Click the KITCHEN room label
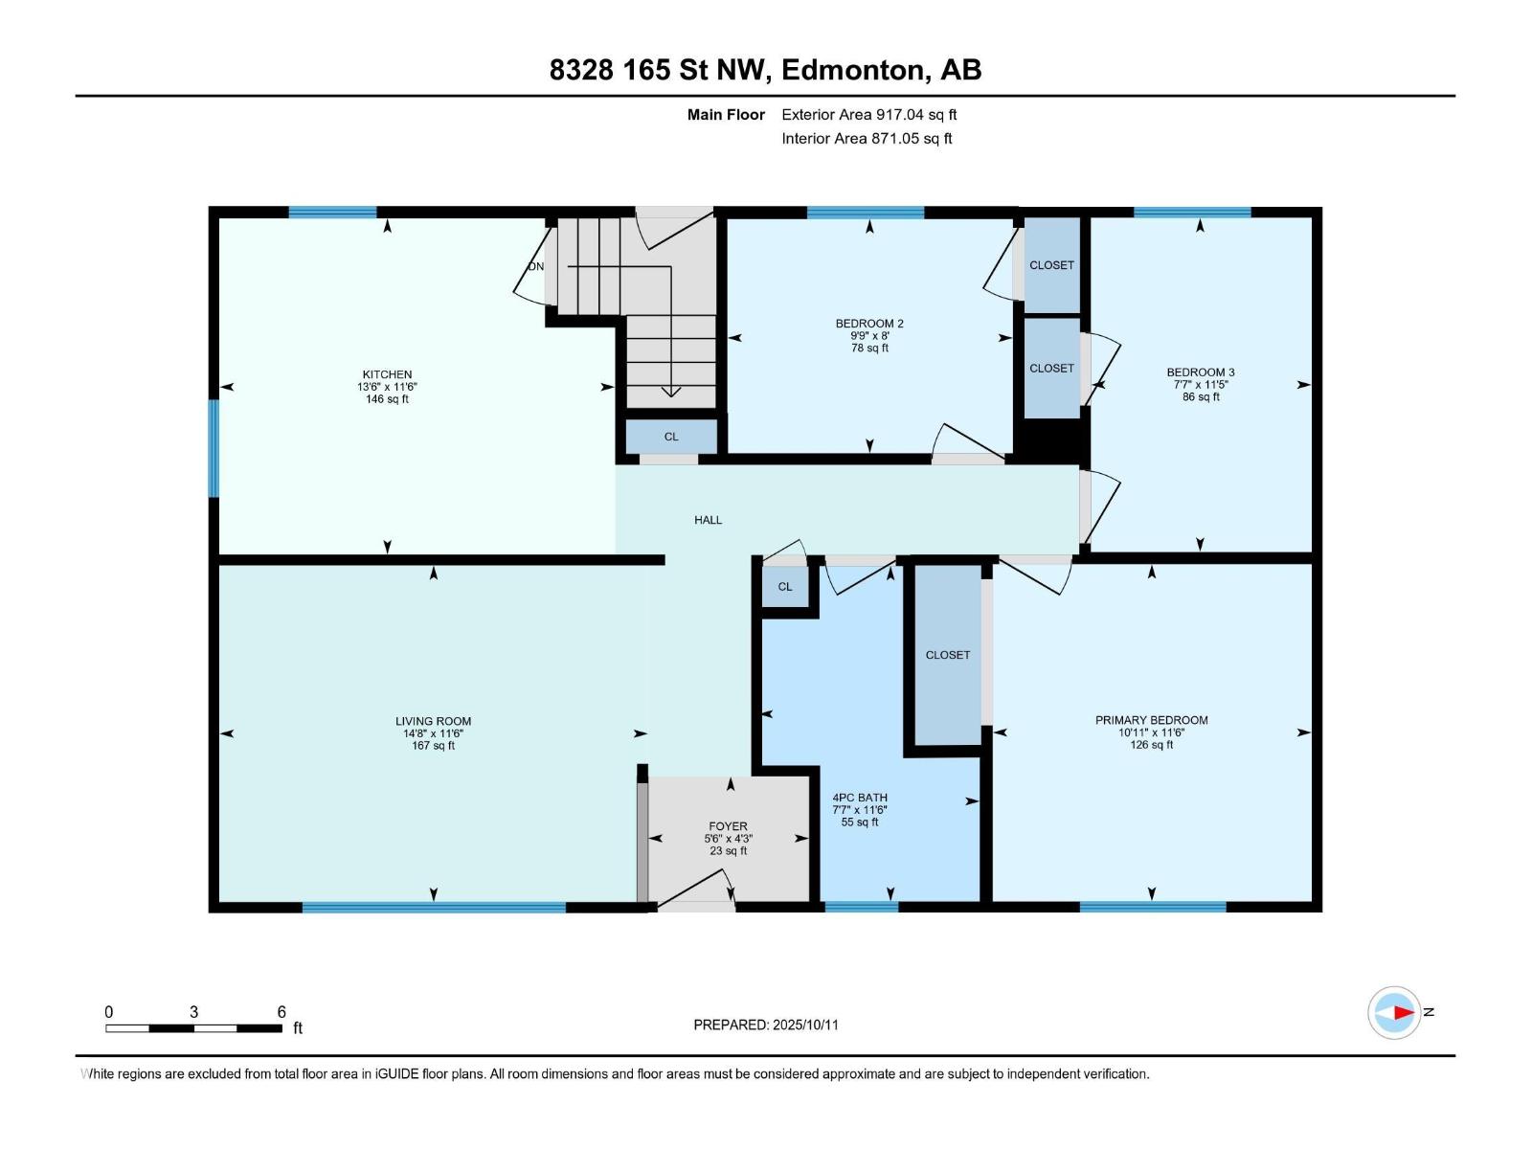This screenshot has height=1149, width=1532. [x=387, y=374]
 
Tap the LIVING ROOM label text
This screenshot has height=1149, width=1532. [x=433, y=721]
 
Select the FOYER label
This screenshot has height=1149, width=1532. [x=728, y=826]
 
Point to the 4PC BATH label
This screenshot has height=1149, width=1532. [x=859, y=798]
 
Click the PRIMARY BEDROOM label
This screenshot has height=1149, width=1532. [x=1151, y=720]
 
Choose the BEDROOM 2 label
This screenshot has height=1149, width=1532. [x=869, y=324]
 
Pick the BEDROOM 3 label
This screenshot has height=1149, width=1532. [x=1201, y=372]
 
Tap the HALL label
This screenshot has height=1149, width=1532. [x=708, y=520]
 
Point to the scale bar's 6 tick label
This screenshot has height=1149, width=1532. [x=282, y=1012]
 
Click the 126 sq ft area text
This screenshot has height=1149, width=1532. [x=1151, y=745]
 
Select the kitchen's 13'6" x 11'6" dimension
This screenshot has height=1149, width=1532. [x=387, y=387]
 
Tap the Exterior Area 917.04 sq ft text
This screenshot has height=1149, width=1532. [x=869, y=114]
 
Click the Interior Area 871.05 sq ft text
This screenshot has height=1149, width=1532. [x=867, y=138]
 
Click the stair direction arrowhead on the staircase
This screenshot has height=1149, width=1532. [x=671, y=392]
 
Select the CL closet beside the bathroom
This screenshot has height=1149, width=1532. [x=785, y=587]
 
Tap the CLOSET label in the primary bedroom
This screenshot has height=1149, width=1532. [x=947, y=655]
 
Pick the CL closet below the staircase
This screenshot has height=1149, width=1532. [x=671, y=437]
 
